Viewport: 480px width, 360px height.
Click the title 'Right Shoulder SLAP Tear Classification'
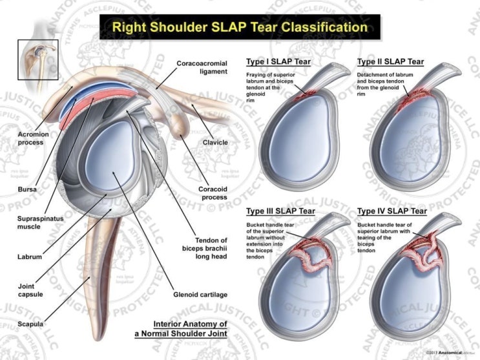240,27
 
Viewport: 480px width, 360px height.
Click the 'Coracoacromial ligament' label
202,67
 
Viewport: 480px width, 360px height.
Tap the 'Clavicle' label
215,143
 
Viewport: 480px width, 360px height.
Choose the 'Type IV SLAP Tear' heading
391,211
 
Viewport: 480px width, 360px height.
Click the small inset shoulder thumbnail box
39,61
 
